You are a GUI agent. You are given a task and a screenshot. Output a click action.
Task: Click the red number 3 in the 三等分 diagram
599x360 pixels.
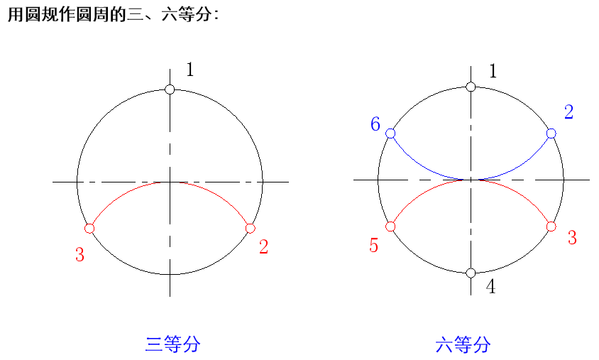coord(79,255)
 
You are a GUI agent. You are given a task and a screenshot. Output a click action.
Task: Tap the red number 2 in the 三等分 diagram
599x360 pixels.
coord(264,247)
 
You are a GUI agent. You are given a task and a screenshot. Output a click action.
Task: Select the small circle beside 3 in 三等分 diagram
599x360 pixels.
coord(89,229)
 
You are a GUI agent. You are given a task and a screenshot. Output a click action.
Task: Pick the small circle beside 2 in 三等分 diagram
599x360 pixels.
coord(250,228)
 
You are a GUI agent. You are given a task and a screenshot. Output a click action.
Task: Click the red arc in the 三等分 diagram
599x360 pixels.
coord(170,182)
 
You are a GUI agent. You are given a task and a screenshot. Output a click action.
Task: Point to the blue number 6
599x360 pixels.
coord(375,124)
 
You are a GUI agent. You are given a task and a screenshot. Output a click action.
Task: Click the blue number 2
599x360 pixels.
coord(569,112)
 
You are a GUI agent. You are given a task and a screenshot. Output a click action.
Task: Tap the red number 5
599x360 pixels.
coord(374,246)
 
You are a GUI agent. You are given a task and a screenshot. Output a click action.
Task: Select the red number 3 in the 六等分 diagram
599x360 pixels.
coord(572,238)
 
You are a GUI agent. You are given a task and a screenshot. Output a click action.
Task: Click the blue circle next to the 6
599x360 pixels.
coord(390,133)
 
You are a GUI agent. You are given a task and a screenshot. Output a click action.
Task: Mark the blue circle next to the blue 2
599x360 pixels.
coord(551,133)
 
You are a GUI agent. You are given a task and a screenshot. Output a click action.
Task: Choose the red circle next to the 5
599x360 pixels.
coord(390,227)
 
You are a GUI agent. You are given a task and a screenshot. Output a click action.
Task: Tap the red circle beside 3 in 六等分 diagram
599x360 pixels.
coord(551,227)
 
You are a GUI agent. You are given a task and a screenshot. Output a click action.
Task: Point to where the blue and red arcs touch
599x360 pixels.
coord(471,180)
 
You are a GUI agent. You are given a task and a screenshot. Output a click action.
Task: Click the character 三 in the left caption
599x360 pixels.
coord(154,345)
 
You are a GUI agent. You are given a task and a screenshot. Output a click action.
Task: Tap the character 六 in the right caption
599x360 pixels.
coord(444,346)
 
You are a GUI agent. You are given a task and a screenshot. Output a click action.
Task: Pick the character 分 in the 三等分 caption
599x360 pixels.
coord(191,345)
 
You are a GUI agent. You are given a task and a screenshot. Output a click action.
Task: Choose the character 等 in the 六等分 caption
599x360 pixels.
coord(463,346)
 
